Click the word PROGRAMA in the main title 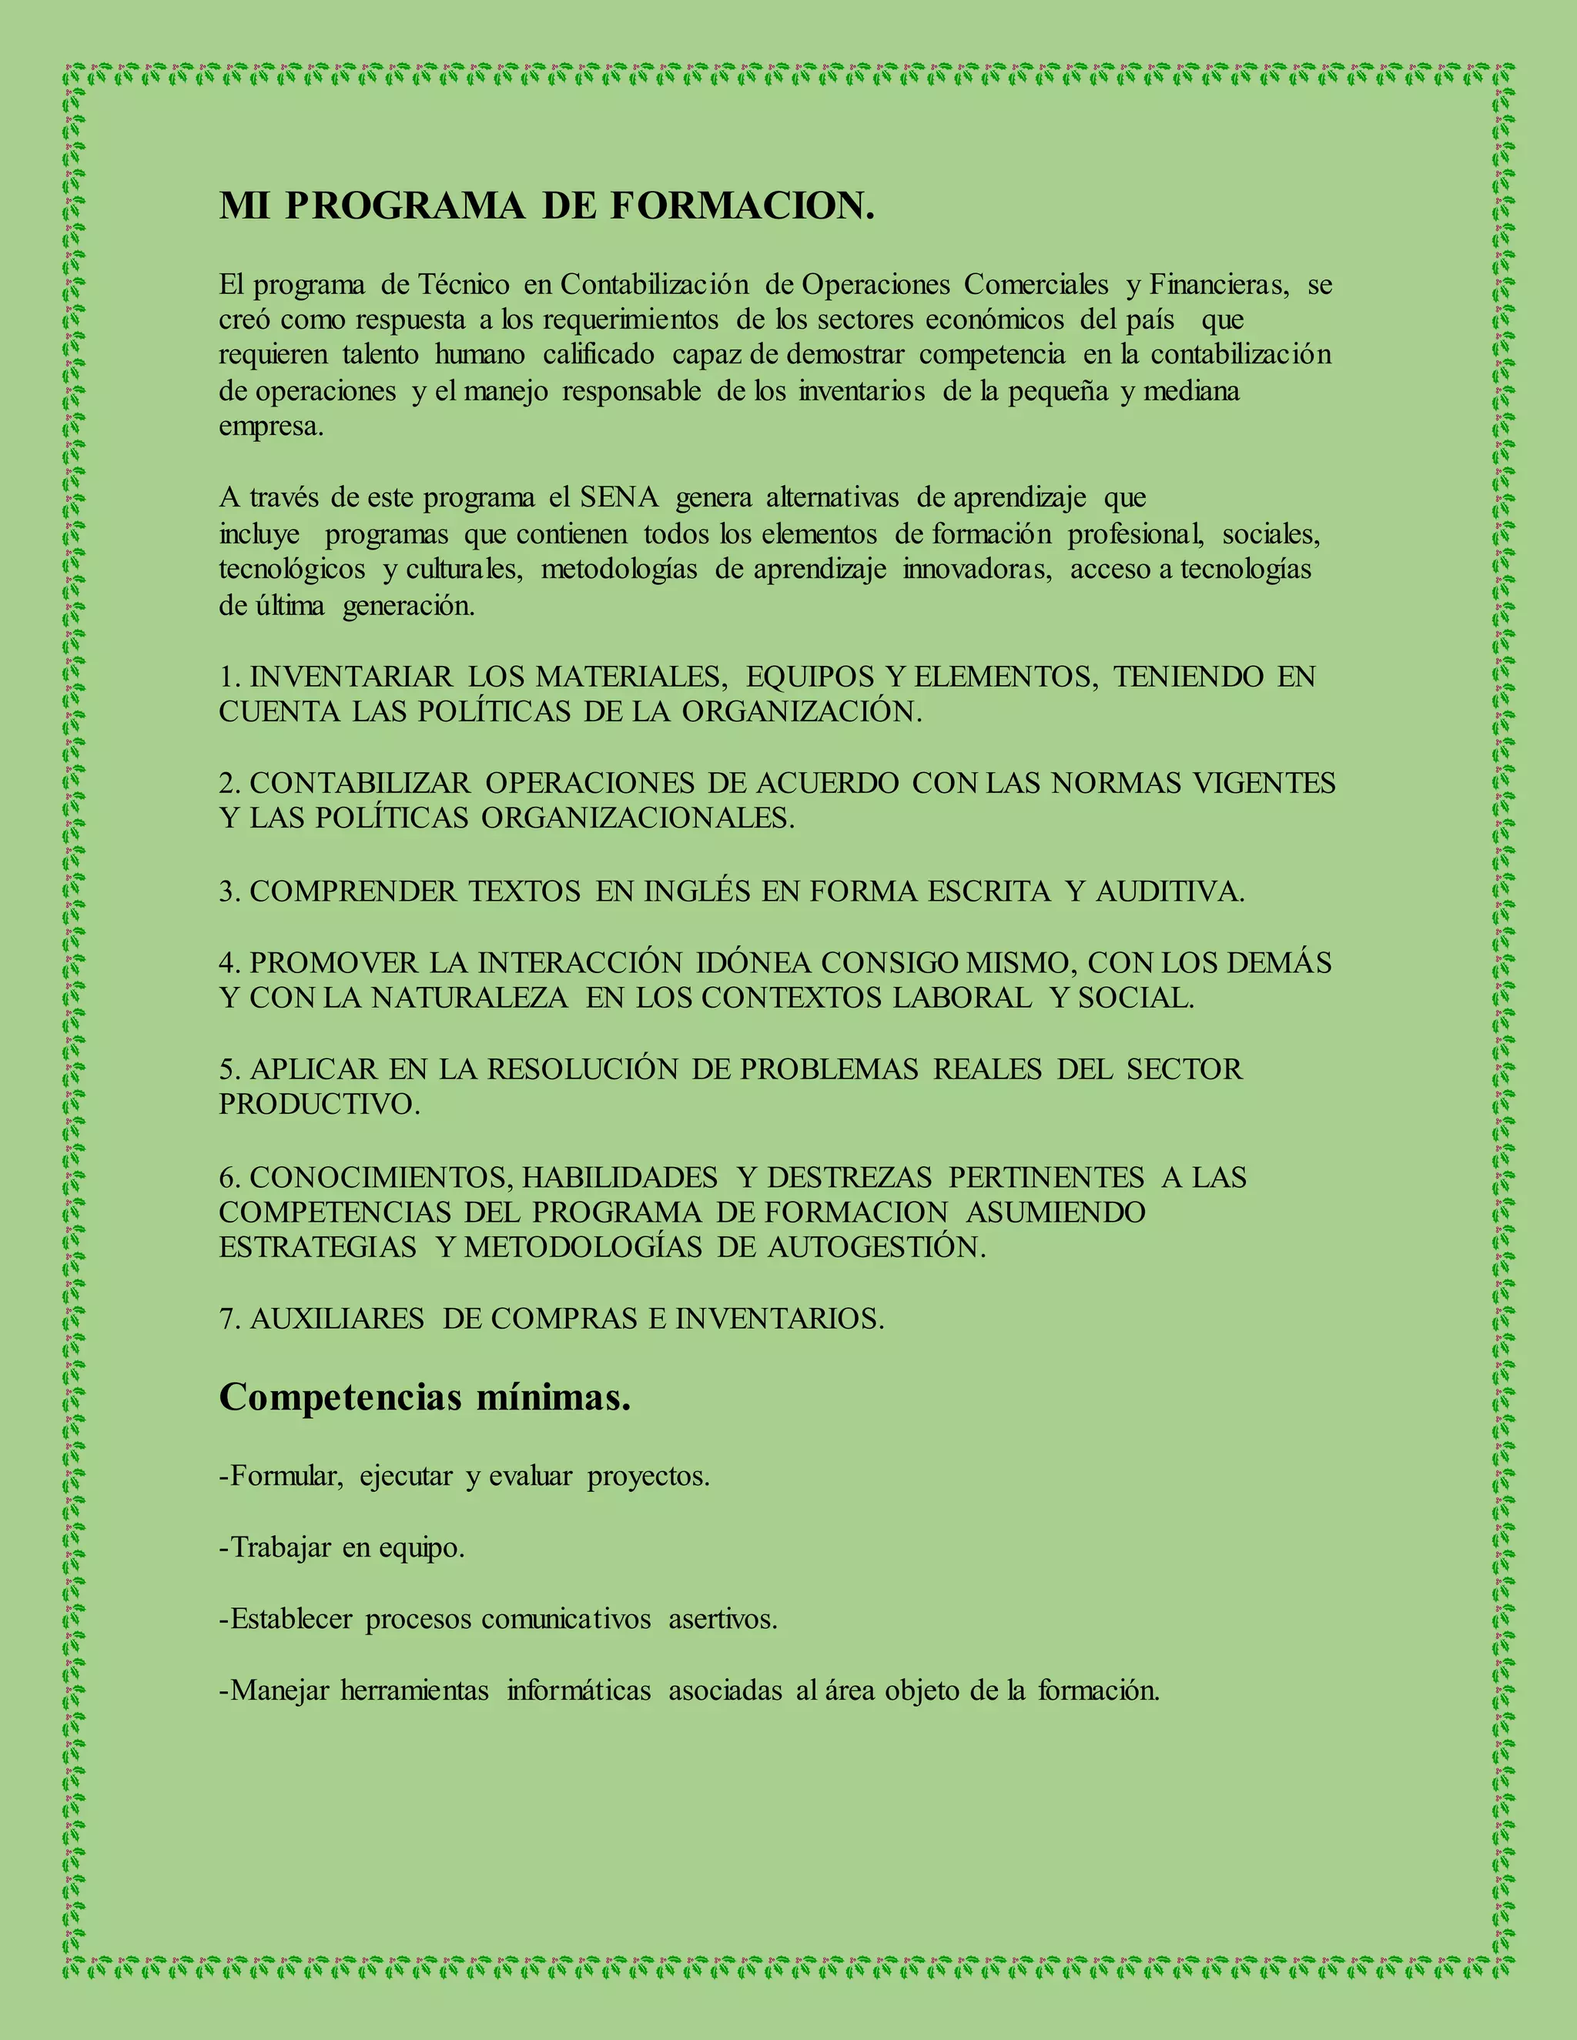point(404,206)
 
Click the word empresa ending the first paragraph point(271,427)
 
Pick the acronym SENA point(619,498)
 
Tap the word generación point(408,606)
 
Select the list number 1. point(228,676)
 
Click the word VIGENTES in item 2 point(1264,783)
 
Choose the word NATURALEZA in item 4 point(469,998)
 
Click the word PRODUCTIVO point(319,1104)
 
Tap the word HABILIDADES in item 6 point(619,1177)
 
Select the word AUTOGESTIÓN point(876,1247)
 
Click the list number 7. point(228,1319)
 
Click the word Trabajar point(280,1548)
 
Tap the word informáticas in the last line point(578,1691)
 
